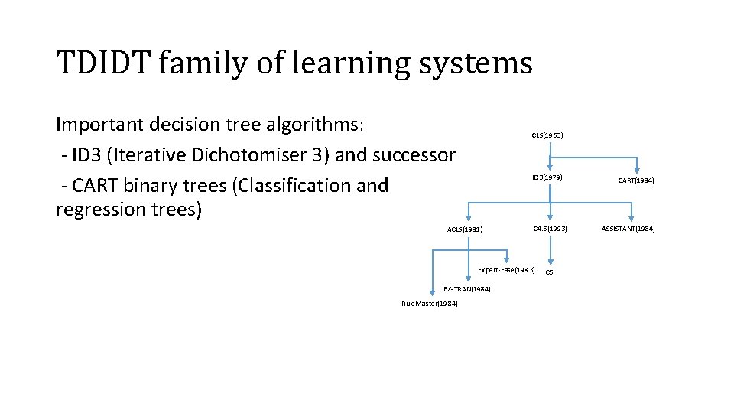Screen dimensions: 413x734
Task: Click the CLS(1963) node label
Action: (547, 135)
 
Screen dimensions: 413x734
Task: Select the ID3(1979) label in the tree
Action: (547, 177)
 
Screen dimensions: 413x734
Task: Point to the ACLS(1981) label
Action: (465, 229)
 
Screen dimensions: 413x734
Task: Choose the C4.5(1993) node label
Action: (550, 229)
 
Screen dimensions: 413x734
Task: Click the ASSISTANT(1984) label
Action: (628, 229)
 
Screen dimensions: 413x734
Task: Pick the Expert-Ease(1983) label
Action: (506, 270)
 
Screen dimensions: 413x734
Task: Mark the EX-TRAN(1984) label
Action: (466, 289)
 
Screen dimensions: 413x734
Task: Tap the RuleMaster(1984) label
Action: (430, 304)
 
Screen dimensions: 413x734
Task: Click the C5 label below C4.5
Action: (549, 272)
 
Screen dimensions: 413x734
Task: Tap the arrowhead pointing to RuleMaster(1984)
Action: (433, 294)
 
